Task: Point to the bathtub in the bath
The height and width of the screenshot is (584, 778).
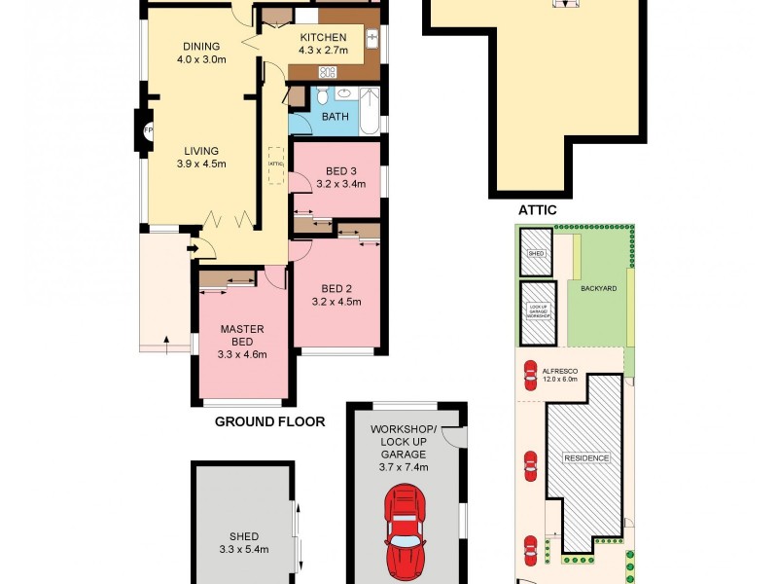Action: [x=371, y=109]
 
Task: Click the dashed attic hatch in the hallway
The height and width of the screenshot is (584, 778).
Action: [x=275, y=164]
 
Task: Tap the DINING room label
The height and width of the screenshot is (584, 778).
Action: [x=201, y=46]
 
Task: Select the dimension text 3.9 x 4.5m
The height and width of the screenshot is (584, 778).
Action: [x=201, y=164]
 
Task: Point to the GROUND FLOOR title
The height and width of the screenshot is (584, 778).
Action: [x=269, y=421]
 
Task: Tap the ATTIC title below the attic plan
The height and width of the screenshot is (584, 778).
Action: [x=538, y=209]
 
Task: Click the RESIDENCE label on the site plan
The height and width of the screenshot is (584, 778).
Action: [x=586, y=457]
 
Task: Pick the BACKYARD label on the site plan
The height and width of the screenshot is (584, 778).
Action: [x=599, y=289]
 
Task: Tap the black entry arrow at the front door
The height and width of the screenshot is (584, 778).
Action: [x=192, y=250]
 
